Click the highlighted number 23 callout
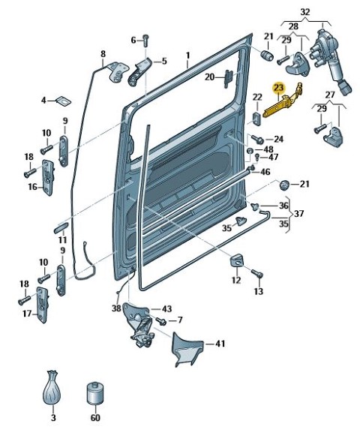click(279, 89)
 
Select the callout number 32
click(305, 12)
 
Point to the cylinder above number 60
click(95, 393)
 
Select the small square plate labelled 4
click(64, 101)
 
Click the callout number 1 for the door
click(188, 56)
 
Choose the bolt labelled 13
click(257, 273)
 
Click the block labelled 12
click(237, 260)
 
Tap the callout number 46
click(265, 172)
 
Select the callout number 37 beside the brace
click(298, 213)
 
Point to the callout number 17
click(27, 314)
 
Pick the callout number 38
click(116, 308)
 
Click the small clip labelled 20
click(229, 79)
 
